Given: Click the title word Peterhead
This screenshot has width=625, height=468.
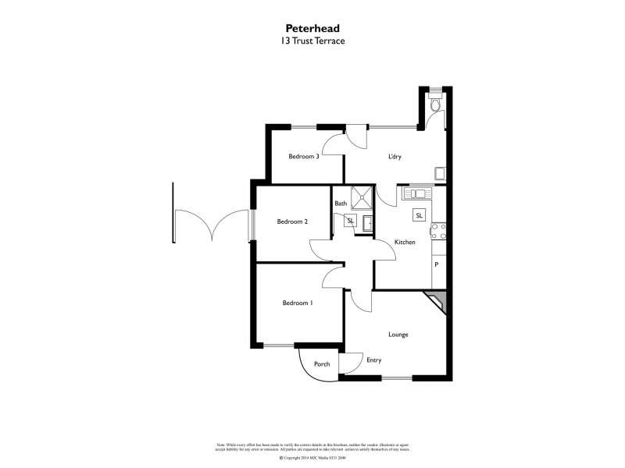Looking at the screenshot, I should [x=312, y=26].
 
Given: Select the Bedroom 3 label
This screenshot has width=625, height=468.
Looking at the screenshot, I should [x=304, y=156].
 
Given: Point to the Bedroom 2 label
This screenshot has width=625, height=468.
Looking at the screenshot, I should [x=292, y=222].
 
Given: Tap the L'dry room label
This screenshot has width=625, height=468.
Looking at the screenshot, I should [x=396, y=156].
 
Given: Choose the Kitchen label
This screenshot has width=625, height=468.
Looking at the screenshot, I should [x=404, y=243].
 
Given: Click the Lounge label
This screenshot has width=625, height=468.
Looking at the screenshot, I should [x=398, y=335].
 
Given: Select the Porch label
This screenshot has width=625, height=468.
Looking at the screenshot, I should [x=322, y=364].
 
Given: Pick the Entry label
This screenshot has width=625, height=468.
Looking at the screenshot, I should [x=373, y=360].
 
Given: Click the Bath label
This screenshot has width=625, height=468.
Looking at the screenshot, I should [x=341, y=204].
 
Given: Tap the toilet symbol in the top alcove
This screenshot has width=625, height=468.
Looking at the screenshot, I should [x=436, y=104].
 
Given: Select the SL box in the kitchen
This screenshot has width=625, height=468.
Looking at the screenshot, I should [x=419, y=215].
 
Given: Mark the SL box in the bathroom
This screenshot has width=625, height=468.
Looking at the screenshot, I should [x=350, y=222].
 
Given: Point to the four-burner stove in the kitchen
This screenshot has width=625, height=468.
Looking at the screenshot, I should [x=439, y=230].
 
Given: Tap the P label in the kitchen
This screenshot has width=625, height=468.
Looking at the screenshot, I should [x=436, y=264].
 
